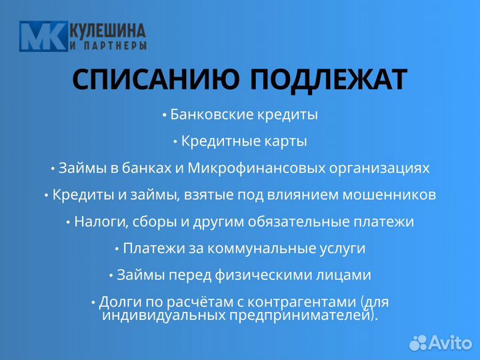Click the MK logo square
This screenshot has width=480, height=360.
coord(43,36)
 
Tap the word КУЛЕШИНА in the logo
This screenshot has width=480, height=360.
coord(108,30)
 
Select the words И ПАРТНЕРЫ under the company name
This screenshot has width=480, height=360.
coord(108,46)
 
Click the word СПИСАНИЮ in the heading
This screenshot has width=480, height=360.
coord(156,80)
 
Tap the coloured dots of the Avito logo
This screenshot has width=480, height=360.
coord(418,342)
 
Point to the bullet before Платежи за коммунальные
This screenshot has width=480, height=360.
coord(117,249)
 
